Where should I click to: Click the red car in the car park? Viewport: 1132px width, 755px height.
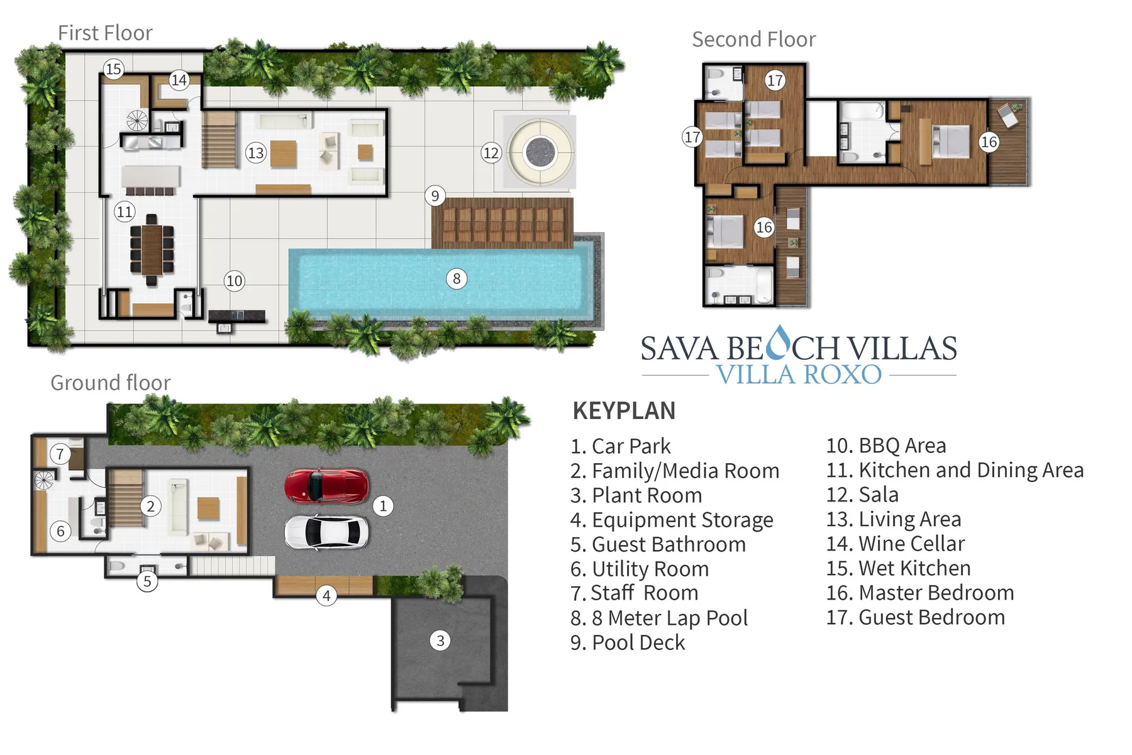(326, 486)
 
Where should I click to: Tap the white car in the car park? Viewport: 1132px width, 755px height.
(326, 532)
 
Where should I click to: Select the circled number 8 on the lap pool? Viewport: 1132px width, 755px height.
(457, 279)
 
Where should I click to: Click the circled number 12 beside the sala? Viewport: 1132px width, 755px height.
(491, 152)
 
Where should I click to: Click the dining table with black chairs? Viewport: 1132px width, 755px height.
(152, 249)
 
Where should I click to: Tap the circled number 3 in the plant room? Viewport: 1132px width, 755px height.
(440, 640)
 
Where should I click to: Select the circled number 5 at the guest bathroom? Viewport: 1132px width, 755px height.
(147, 581)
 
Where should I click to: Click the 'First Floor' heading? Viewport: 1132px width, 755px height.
(105, 33)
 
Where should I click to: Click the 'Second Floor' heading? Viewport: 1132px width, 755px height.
(753, 40)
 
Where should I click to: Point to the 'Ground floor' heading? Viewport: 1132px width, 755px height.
(110, 383)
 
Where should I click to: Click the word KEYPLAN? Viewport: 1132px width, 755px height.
(624, 411)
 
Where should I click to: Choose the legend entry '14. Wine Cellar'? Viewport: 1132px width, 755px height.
(895, 544)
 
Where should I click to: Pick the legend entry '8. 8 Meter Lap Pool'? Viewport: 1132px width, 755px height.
(658, 618)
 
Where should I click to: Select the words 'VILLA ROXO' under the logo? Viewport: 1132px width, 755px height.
(799, 375)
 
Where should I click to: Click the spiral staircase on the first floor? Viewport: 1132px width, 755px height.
(136, 120)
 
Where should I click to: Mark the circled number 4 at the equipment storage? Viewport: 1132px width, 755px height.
(326, 595)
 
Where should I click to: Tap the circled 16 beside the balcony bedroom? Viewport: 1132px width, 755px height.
(989, 142)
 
